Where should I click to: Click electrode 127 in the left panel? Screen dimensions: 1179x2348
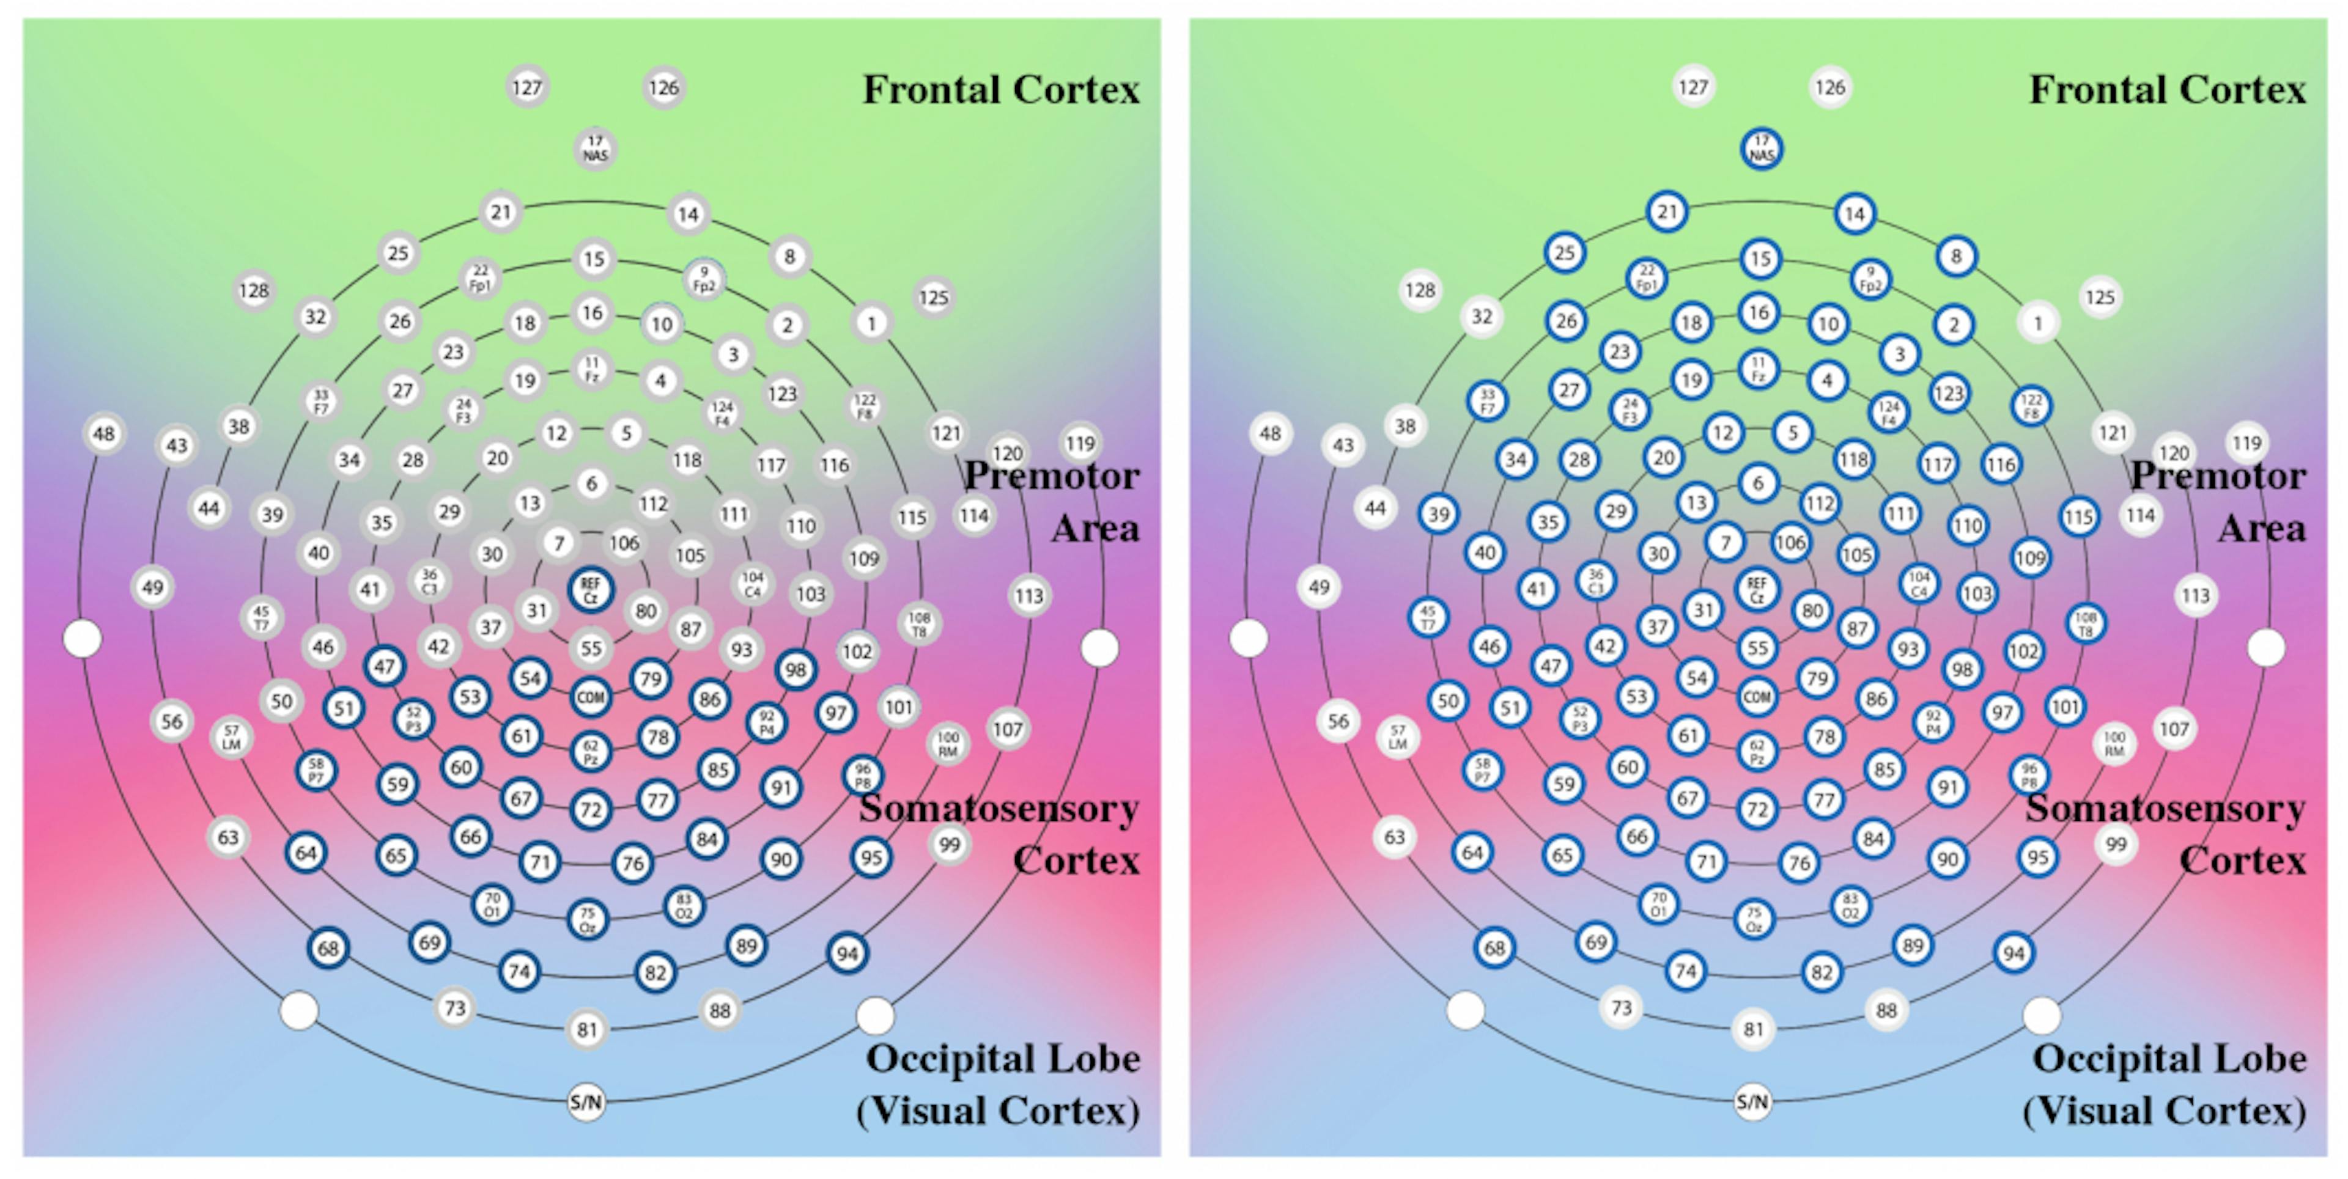click(527, 87)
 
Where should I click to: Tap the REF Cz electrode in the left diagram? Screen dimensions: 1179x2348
click(591, 589)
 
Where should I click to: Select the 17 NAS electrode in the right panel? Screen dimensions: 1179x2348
click(1761, 149)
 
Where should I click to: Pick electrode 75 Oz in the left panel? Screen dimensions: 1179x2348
click(588, 919)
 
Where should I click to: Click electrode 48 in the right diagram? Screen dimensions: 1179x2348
click(1270, 434)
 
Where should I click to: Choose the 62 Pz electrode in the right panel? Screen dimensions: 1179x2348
click(1757, 751)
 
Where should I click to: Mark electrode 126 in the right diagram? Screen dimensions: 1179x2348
click(1829, 87)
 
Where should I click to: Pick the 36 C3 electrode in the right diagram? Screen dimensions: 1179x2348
click(1595, 581)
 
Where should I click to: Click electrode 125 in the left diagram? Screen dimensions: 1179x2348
click(933, 298)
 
